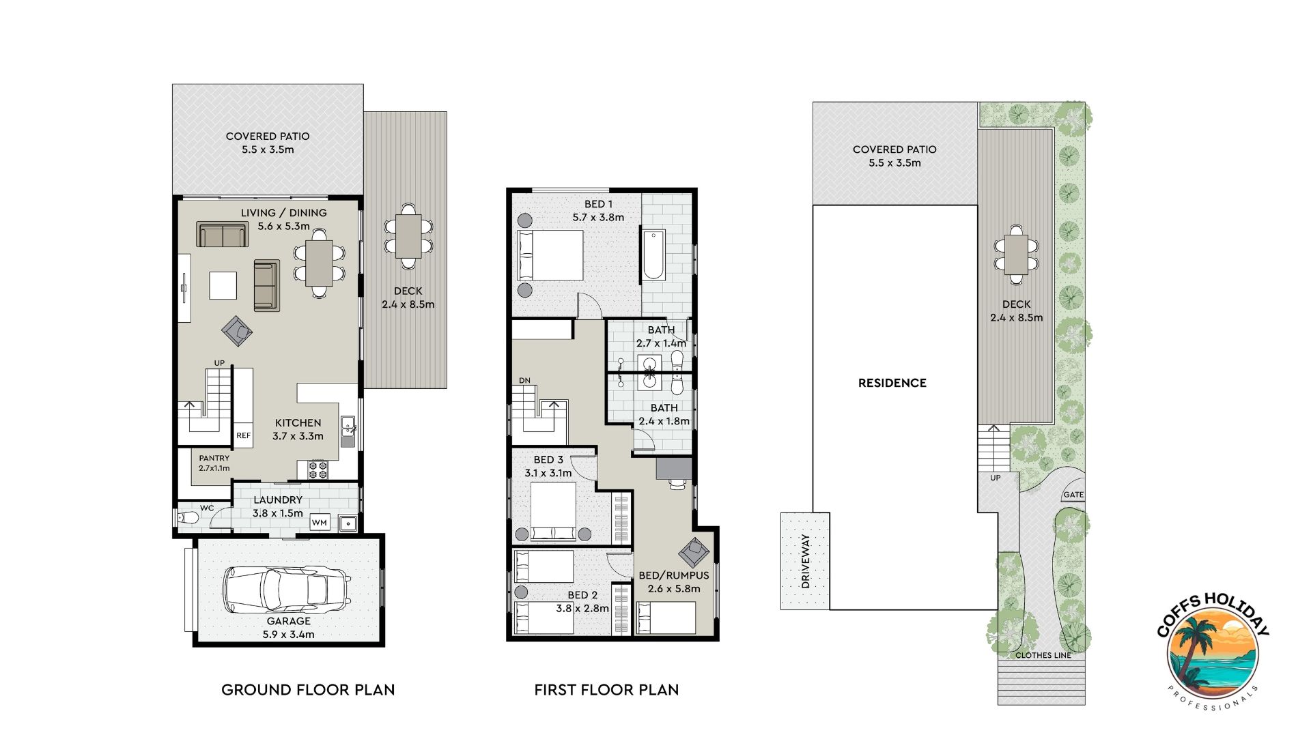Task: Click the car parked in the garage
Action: tap(287, 590)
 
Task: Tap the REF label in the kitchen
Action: tap(243, 435)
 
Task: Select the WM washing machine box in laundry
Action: tap(320, 523)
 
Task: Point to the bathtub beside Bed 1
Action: tap(653, 256)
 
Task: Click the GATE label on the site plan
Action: tap(1073, 495)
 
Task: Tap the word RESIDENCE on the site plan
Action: tap(892, 383)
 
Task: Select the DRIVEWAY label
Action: tap(806, 561)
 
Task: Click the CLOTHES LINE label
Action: tap(1043, 655)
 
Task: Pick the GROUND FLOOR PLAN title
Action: tap(308, 690)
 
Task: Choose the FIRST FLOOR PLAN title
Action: tap(606, 690)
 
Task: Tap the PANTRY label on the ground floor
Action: tap(214, 459)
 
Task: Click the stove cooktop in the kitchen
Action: tap(318, 469)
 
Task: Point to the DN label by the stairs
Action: tap(524, 381)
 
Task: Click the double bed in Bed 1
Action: tap(550, 255)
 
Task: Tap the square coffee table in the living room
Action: tap(223, 285)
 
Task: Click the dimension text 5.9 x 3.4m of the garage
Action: tap(289, 635)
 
